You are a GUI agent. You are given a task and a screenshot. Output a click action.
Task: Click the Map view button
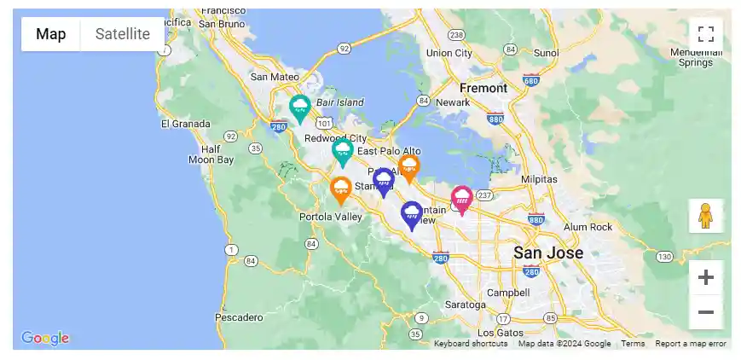point(51,34)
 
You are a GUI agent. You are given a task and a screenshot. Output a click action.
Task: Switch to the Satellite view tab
point(123,34)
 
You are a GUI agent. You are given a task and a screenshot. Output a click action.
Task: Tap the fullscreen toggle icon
point(705,34)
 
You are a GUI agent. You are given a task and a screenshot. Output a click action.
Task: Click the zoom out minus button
point(705,312)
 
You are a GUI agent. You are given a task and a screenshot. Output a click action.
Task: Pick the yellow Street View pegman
point(705,217)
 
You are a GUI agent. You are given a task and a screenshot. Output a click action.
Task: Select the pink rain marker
point(462,200)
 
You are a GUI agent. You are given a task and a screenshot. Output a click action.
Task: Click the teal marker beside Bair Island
point(299,107)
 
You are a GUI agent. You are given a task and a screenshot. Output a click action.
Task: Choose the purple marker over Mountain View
point(412,214)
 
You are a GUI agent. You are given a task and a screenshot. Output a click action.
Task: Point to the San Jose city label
point(548,253)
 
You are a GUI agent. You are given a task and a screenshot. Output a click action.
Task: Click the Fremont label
point(483,88)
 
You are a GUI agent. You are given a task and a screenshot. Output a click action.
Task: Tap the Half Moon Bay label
point(211,154)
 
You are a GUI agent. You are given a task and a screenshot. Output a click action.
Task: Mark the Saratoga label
point(466,304)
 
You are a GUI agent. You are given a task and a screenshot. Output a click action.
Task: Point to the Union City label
point(449,53)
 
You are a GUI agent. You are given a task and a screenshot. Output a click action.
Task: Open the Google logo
point(45,339)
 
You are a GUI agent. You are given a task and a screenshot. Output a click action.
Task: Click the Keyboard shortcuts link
point(471,344)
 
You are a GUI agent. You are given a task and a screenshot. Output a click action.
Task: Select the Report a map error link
point(691,344)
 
